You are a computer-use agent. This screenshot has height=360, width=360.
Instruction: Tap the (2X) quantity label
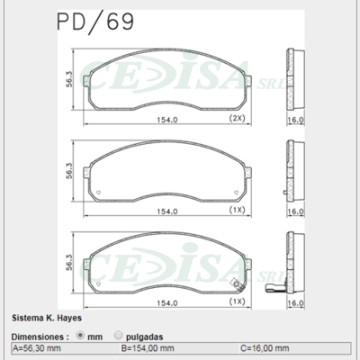(x=237, y=118)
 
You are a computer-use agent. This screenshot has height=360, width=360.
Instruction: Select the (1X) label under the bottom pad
(x=237, y=301)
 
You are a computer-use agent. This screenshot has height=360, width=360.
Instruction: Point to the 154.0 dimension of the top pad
(x=161, y=119)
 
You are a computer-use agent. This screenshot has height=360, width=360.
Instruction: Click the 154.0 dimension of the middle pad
(x=161, y=211)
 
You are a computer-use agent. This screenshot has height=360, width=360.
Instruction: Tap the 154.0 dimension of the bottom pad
(x=161, y=302)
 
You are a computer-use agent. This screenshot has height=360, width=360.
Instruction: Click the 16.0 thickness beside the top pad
(x=295, y=119)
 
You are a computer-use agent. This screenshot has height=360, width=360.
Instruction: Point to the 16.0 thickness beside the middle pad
(x=295, y=211)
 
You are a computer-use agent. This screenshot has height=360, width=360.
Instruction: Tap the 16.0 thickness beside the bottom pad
(x=295, y=303)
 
